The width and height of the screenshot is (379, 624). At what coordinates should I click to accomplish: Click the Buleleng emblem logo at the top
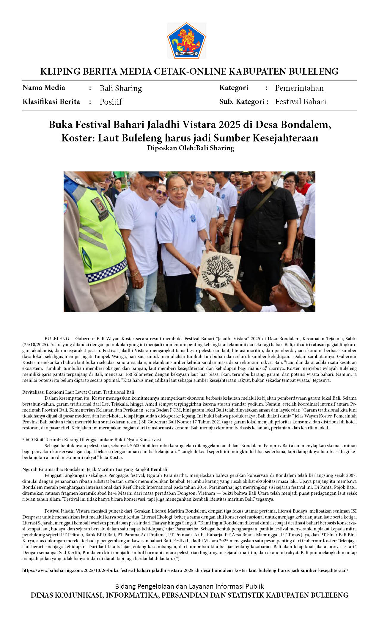coord(186,41)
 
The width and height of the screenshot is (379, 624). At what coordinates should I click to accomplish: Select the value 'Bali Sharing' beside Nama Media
coord(121,88)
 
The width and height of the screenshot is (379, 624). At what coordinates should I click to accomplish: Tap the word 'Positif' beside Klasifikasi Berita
coord(111,102)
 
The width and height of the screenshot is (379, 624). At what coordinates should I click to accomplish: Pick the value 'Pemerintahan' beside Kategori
coord(299,88)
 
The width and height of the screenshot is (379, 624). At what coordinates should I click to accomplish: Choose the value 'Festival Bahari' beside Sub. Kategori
coord(300,102)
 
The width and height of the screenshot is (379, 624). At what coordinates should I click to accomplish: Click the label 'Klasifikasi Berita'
coord(51,102)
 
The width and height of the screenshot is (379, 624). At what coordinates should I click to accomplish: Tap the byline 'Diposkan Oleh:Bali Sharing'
coord(191,148)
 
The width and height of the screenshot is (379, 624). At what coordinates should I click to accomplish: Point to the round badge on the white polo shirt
coord(193,218)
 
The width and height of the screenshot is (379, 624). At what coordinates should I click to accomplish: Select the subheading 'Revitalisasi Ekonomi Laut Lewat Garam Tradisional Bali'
coord(78,392)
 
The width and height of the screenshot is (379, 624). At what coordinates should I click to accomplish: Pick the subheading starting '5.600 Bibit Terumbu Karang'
coord(92,440)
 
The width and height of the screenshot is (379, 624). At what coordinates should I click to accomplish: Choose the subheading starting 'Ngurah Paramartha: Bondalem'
coord(95,469)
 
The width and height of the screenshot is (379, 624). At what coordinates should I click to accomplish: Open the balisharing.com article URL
coord(185,571)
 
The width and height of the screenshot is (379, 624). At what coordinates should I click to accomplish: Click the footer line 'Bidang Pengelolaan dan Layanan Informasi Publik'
coord(189,586)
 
